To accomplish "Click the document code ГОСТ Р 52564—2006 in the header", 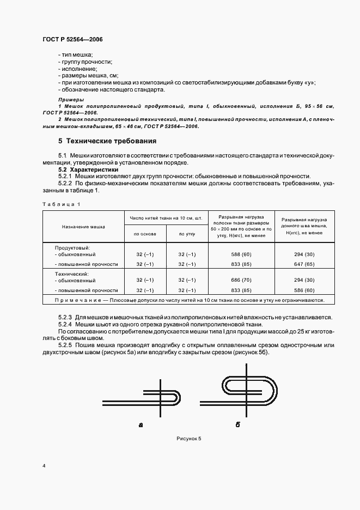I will [72, 40].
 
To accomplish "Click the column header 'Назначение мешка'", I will [83, 226].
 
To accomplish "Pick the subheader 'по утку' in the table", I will [187, 234].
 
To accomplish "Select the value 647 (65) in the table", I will [303, 264].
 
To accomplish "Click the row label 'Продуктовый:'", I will [72, 247].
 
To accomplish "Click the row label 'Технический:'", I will [72, 273].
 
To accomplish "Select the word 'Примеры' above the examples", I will [71, 100].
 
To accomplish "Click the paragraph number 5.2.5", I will [65, 344].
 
